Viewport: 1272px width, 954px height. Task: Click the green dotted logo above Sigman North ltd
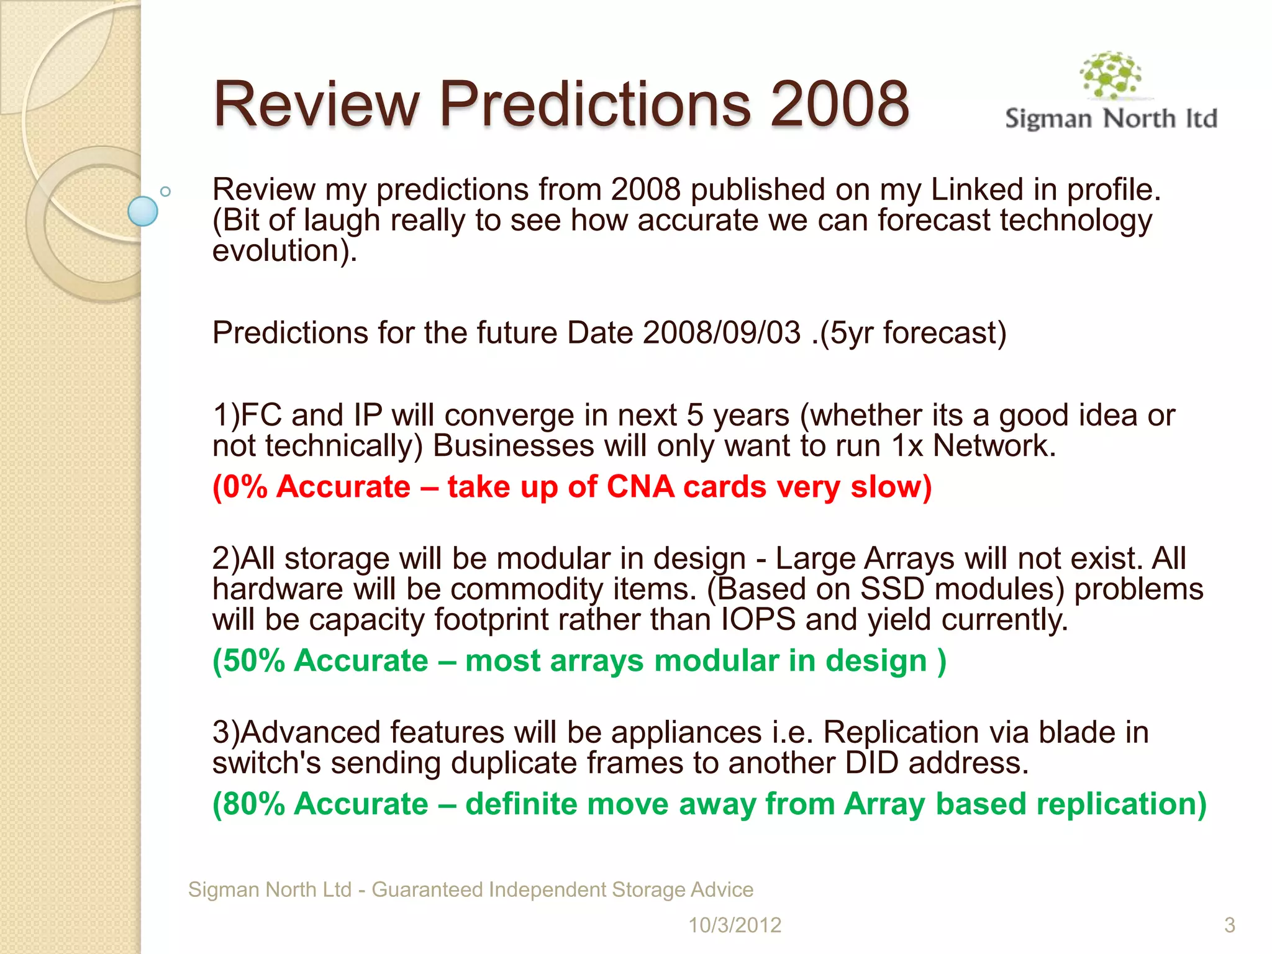click(x=1111, y=75)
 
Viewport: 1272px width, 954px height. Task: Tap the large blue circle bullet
click(x=143, y=211)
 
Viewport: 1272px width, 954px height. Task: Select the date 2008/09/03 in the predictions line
click(x=722, y=333)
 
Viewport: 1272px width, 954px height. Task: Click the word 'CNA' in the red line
click(x=640, y=486)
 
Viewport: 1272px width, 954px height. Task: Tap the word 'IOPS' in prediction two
click(x=758, y=619)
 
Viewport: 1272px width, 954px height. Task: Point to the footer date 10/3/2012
click(x=734, y=925)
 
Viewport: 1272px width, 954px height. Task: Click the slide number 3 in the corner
click(x=1229, y=925)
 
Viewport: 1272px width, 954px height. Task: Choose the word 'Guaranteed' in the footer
click(x=427, y=889)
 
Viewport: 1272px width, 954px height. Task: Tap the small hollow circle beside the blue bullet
click(x=165, y=192)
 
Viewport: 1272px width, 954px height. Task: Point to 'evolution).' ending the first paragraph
click(x=284, y=251)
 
